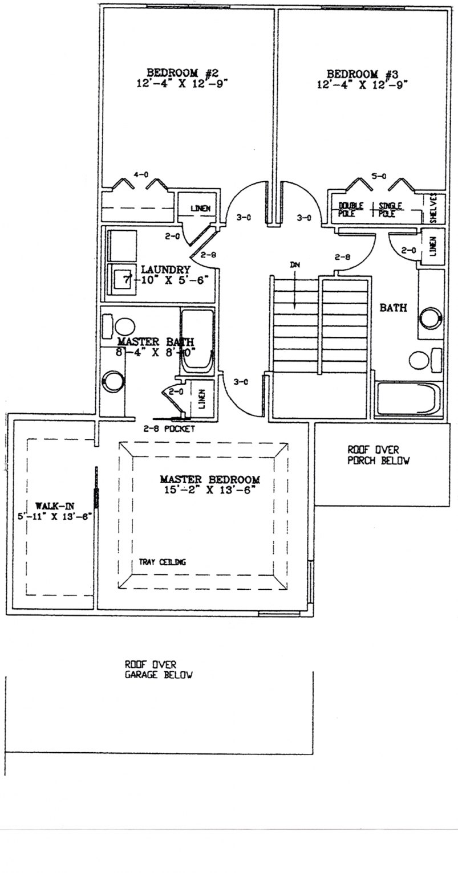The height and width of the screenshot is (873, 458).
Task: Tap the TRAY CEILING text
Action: (162, 562)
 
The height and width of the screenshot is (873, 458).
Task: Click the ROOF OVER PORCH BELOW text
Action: (378, 456)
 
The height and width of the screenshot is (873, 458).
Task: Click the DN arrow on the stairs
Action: (294, 285)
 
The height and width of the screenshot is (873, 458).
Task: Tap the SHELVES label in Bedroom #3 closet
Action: (436, 209)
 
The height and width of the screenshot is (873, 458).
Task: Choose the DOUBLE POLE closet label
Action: (351, 209)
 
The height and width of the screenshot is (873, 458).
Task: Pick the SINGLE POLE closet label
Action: (390, 209)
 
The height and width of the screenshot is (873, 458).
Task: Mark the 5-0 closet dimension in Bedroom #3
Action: (378, 177)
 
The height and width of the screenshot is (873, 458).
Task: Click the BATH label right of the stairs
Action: (393, 308)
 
